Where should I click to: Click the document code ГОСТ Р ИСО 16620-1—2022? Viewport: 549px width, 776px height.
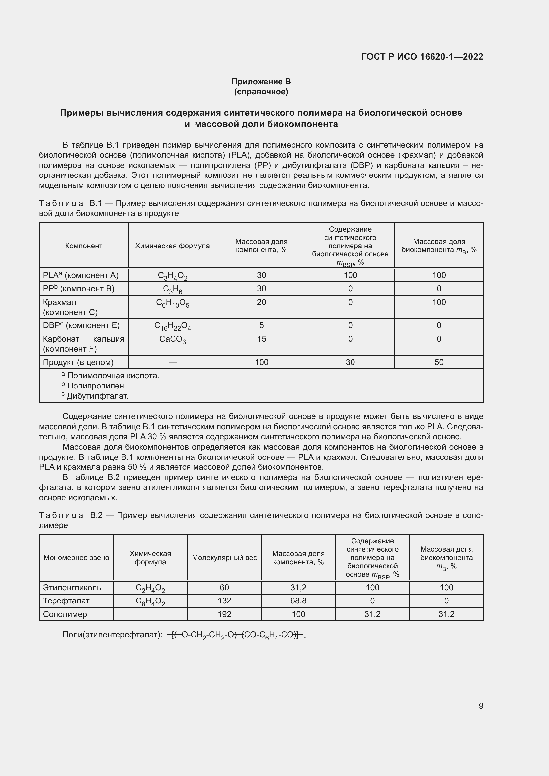[422, 57]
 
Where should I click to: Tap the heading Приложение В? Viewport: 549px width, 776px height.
[261, 82]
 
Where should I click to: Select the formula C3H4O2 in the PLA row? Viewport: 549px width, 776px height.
[172, 276]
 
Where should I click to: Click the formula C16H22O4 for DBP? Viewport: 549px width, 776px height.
[172, 326]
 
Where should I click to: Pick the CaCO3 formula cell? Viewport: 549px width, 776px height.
[172, 339]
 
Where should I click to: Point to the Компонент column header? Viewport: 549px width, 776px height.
[84, 246]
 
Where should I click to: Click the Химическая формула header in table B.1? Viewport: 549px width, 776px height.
[172, 246]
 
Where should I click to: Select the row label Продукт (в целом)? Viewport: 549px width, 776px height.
[78, 362]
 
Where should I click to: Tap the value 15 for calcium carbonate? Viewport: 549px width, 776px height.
[261, 339]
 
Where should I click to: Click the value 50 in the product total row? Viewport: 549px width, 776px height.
[439, 362]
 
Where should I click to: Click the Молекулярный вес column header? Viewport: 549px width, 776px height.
[224, 558]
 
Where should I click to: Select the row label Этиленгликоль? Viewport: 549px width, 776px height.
[72, 588]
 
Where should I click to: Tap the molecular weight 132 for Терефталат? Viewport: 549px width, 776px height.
[224, 600]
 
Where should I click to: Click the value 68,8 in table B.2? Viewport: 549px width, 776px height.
[298, 600]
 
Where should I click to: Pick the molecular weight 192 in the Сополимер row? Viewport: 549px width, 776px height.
[224, 614]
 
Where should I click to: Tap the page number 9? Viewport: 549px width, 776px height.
[481, 706]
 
